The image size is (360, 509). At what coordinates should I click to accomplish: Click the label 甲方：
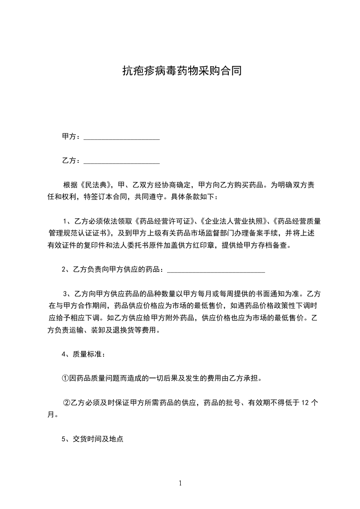[x=71, y=137]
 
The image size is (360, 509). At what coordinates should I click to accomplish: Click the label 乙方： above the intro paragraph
[x=71, y=161]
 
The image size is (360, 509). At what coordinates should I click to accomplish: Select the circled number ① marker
[x=65, y=378]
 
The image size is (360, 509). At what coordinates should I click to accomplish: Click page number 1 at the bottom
[x=180, y=483]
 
